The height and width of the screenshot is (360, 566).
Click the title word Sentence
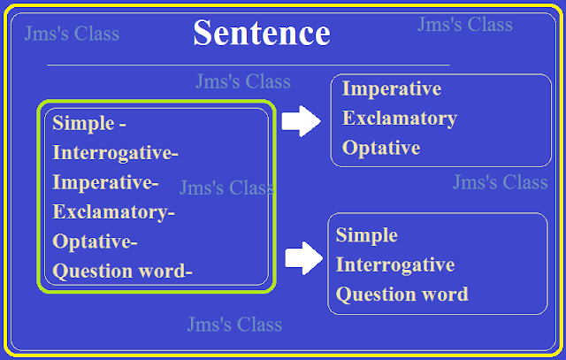[261, 34]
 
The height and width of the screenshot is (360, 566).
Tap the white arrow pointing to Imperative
[301, 121]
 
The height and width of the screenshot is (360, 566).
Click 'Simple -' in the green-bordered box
[88, 123]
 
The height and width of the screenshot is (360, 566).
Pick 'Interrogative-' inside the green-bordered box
[115, 153]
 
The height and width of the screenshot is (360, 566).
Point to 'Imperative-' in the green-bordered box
[105, 183]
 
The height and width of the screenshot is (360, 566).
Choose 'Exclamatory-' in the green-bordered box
[114, 212]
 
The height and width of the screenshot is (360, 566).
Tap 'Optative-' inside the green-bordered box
[95, 241]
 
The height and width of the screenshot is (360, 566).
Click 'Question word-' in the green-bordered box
[122, 271]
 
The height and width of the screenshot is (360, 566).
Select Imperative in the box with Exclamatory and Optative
[391, 89]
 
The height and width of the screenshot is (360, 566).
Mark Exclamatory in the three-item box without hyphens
[400, 119]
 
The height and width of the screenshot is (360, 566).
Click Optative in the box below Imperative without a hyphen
[381, 148]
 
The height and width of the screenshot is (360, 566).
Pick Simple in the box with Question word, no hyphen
[367, 235]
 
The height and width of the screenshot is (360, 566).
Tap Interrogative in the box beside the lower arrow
[395, 264]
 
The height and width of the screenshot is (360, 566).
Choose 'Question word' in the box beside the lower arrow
[402, 294]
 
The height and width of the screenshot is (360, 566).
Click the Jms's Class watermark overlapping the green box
[226, 188]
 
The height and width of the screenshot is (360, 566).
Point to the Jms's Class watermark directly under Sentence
[243, 82]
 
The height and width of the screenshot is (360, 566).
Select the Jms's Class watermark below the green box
[234, 325]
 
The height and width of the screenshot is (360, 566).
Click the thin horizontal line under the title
[248, 65]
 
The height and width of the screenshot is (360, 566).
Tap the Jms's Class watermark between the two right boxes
[501, 183]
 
